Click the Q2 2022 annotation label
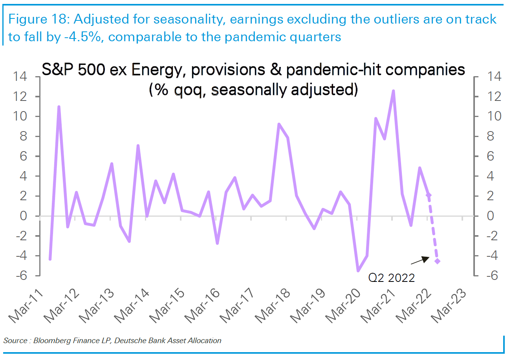pos(391,278)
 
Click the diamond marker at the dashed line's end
pos(437,261)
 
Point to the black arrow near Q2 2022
pos(420,260)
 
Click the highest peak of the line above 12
pos(393,91)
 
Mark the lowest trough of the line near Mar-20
pos(358,270)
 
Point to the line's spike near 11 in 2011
pos(59,107)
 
